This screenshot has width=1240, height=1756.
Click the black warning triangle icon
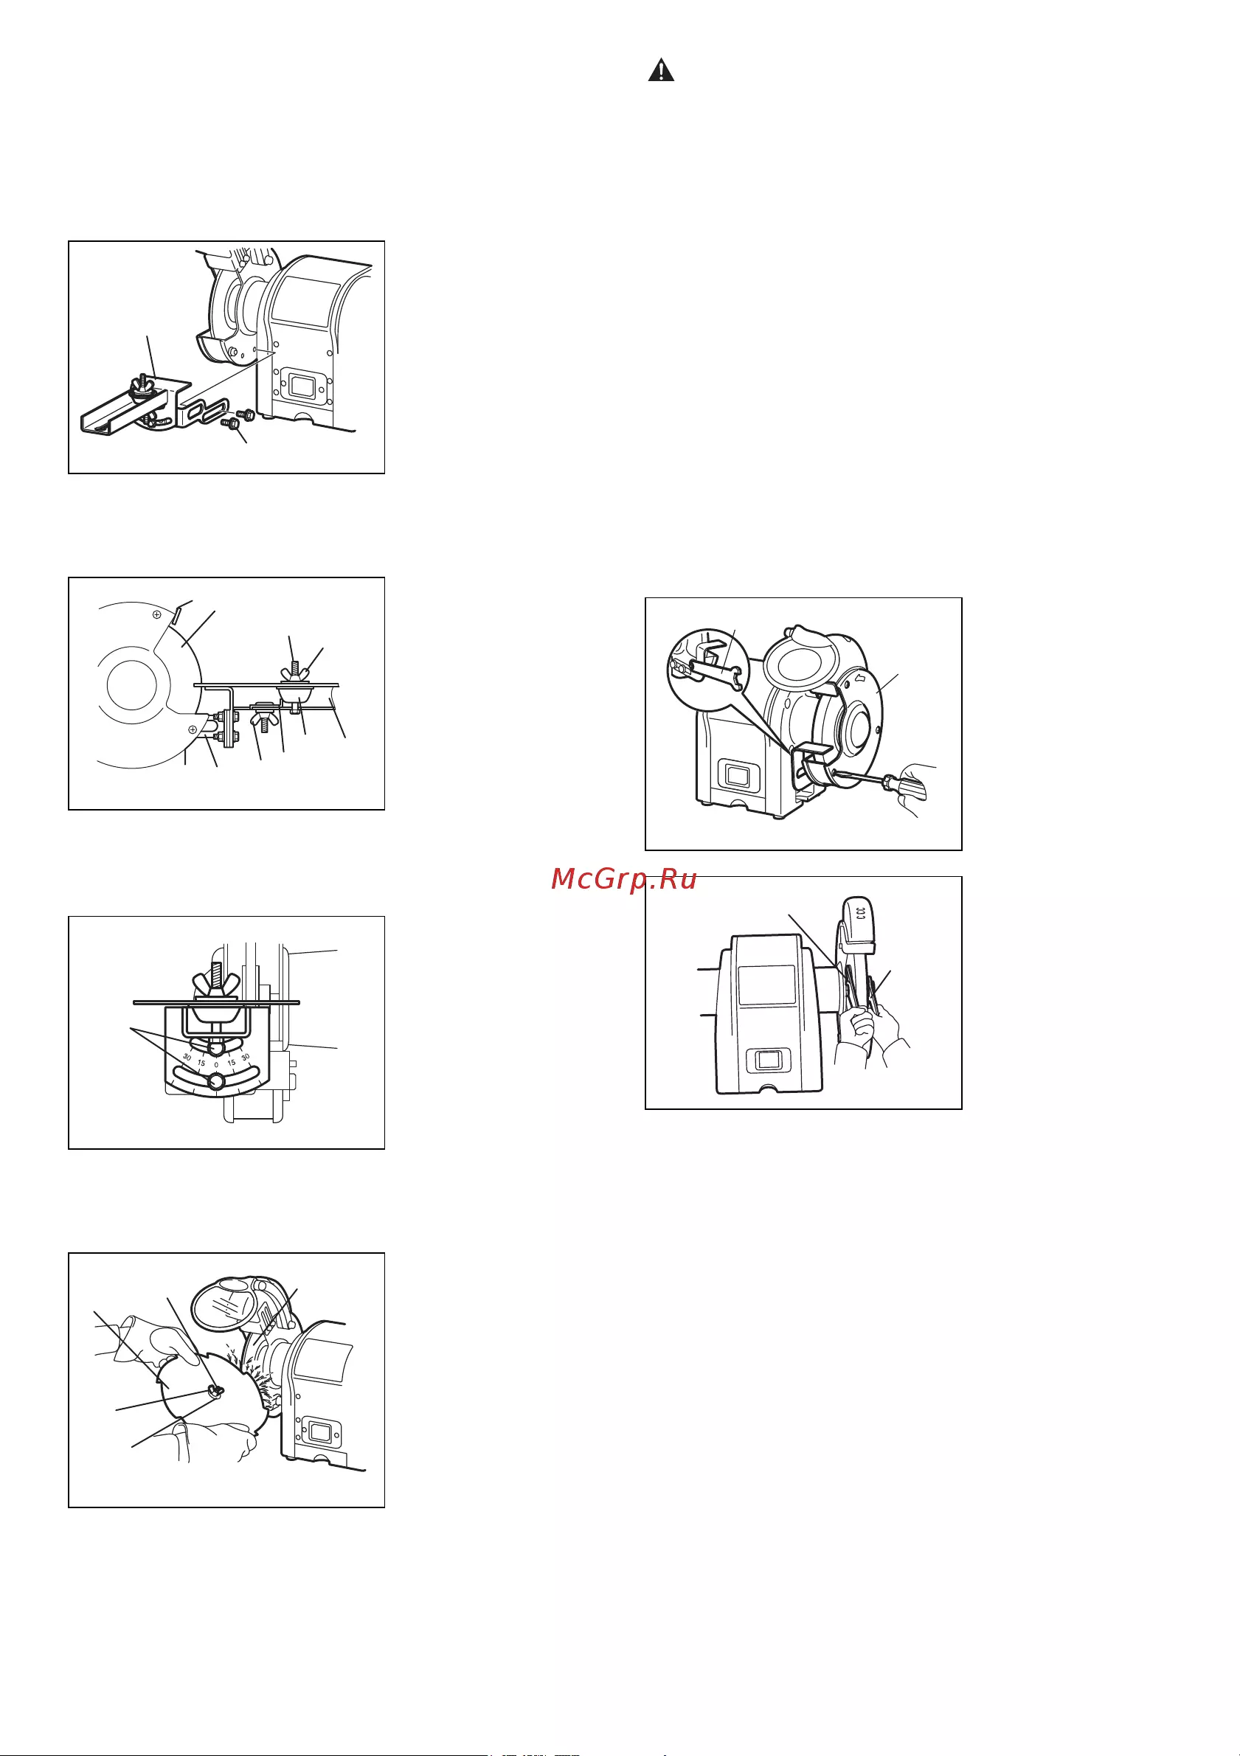661,70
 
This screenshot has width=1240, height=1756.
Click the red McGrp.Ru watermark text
623,880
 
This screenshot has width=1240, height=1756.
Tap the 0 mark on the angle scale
216,1063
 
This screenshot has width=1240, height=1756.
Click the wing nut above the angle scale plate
216,987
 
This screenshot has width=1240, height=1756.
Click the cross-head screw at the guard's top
156,614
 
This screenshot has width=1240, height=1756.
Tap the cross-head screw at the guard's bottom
192,729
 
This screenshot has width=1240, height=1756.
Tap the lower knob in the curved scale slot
215,1081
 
